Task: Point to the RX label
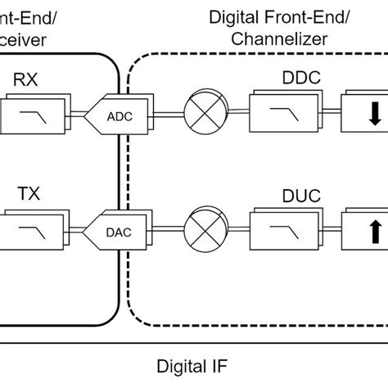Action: click(26, 79)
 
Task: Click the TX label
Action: click(26, 197)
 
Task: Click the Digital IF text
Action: click(193, 362)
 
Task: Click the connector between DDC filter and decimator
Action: click(336, 116)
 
